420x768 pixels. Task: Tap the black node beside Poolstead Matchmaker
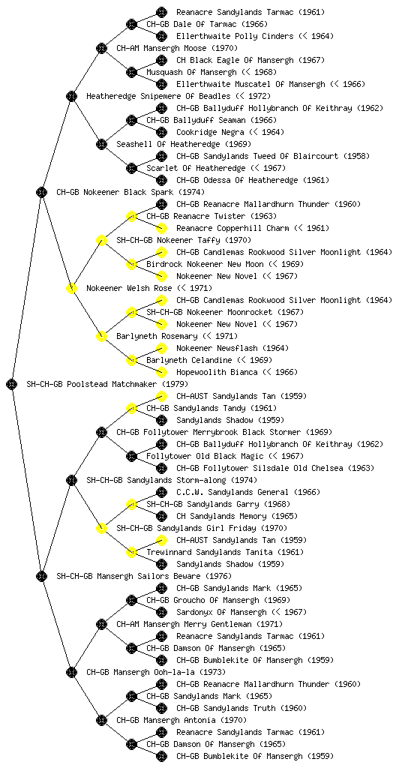click(12, 384)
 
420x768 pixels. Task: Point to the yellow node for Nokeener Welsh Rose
click(71, 288)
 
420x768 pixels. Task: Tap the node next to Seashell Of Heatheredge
click(101, 144)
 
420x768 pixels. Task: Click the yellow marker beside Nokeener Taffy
click(101, 240)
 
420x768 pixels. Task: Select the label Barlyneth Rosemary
click(157, 336)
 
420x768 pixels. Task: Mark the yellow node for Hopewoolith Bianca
click(161, 372)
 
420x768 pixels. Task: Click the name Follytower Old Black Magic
click(205, 456)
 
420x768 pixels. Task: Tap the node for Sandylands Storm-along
click(71, 480)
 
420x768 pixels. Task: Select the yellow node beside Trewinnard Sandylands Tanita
click(131, 552)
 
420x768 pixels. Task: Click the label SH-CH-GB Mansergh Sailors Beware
click(129, 576)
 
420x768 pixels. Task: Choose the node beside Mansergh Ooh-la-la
click(71, 672)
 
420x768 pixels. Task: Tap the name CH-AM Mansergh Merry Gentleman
click(184, 624)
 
